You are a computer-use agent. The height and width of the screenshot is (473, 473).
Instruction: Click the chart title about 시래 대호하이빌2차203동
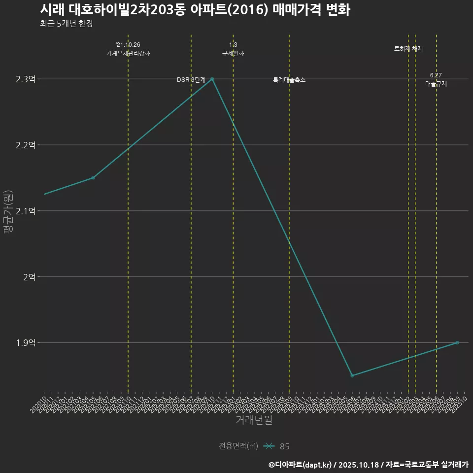click(x=195, y=10)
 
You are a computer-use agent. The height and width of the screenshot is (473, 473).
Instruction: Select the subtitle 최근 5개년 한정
click(x=66, y=23)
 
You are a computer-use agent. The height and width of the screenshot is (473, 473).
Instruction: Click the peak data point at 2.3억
click(x=212, y=79)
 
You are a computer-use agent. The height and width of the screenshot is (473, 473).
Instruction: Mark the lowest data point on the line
click(x=352, y=375)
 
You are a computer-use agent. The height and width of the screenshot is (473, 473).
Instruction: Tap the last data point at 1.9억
click(x=457, y=342)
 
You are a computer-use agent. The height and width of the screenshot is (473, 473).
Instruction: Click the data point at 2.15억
click(x=93, y=178)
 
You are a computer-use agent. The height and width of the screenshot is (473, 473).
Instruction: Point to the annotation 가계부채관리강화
click(x=128, y=53)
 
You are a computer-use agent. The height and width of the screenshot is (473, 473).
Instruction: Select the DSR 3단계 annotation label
click(x=191, y=80)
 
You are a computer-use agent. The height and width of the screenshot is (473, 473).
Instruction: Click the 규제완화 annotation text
click(x=233, y=53)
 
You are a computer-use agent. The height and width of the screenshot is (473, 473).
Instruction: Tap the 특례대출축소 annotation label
click(x=289, y=80)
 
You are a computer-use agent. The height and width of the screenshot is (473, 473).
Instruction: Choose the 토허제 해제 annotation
click(x=408, y=49)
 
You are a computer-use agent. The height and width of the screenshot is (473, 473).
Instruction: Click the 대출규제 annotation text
click(x=436, y=84)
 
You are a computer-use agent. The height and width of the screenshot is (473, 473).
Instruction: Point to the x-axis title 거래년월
click(x=254, y=420)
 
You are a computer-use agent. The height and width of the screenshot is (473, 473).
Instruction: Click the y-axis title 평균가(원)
click(x=8, y=211)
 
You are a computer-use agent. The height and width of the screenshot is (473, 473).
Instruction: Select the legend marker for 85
click(x=269, y=446)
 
